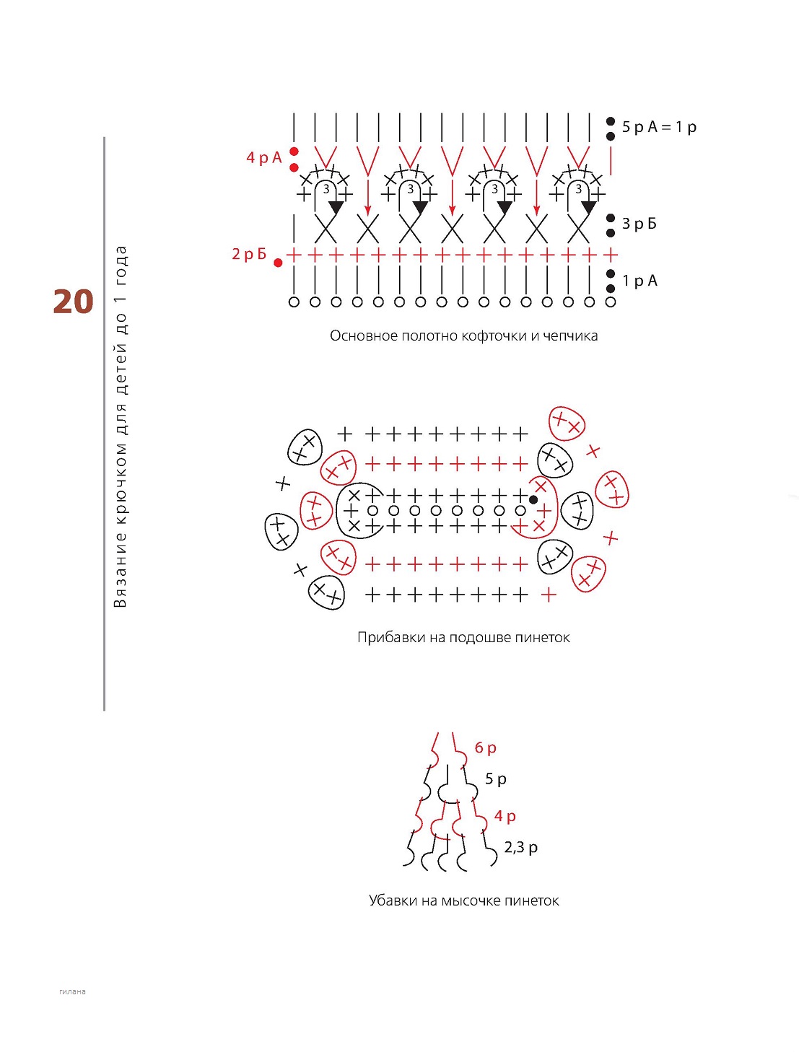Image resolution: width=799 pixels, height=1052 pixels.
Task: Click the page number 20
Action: [x=73, y=302]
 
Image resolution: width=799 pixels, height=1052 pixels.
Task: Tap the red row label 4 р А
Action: [x=263, y=157]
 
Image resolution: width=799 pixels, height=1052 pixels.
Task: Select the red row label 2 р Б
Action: [x=249, y=253]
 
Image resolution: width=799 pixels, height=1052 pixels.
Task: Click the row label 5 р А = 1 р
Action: [x=659, y=127]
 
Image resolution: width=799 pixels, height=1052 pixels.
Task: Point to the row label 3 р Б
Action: [x=639, y=224]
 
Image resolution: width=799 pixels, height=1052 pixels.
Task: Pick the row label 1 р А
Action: [x=639, y=281]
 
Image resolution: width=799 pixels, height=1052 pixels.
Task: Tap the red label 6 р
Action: [x=486, y=748]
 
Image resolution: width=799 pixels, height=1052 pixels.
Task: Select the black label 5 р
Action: [x=496, y=779]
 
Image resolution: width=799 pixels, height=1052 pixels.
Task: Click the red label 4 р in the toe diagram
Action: [x=505, y=816]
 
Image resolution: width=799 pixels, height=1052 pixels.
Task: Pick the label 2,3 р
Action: [x=520, y=847]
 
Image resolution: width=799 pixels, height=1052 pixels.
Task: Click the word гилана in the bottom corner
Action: [x=72, y=991]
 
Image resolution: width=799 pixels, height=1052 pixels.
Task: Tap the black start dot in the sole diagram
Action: [x=533, y=500]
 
